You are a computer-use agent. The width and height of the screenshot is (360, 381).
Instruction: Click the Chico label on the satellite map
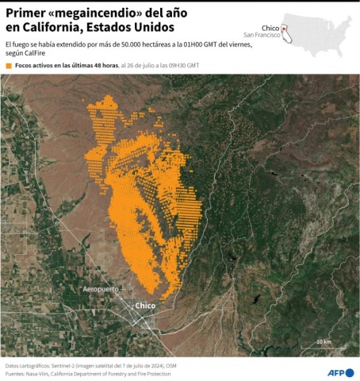[x=145, y=306]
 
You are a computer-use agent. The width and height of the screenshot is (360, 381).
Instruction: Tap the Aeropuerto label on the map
[x=101, y=289]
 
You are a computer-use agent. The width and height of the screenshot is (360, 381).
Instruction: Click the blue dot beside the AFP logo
[x=350, y=371]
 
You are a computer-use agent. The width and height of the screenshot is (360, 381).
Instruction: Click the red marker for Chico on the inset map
[x=284, y=29]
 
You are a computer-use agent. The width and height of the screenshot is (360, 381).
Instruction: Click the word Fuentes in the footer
[x=15, y=373]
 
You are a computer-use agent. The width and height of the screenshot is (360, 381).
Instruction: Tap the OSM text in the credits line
[x=170, y=365]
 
